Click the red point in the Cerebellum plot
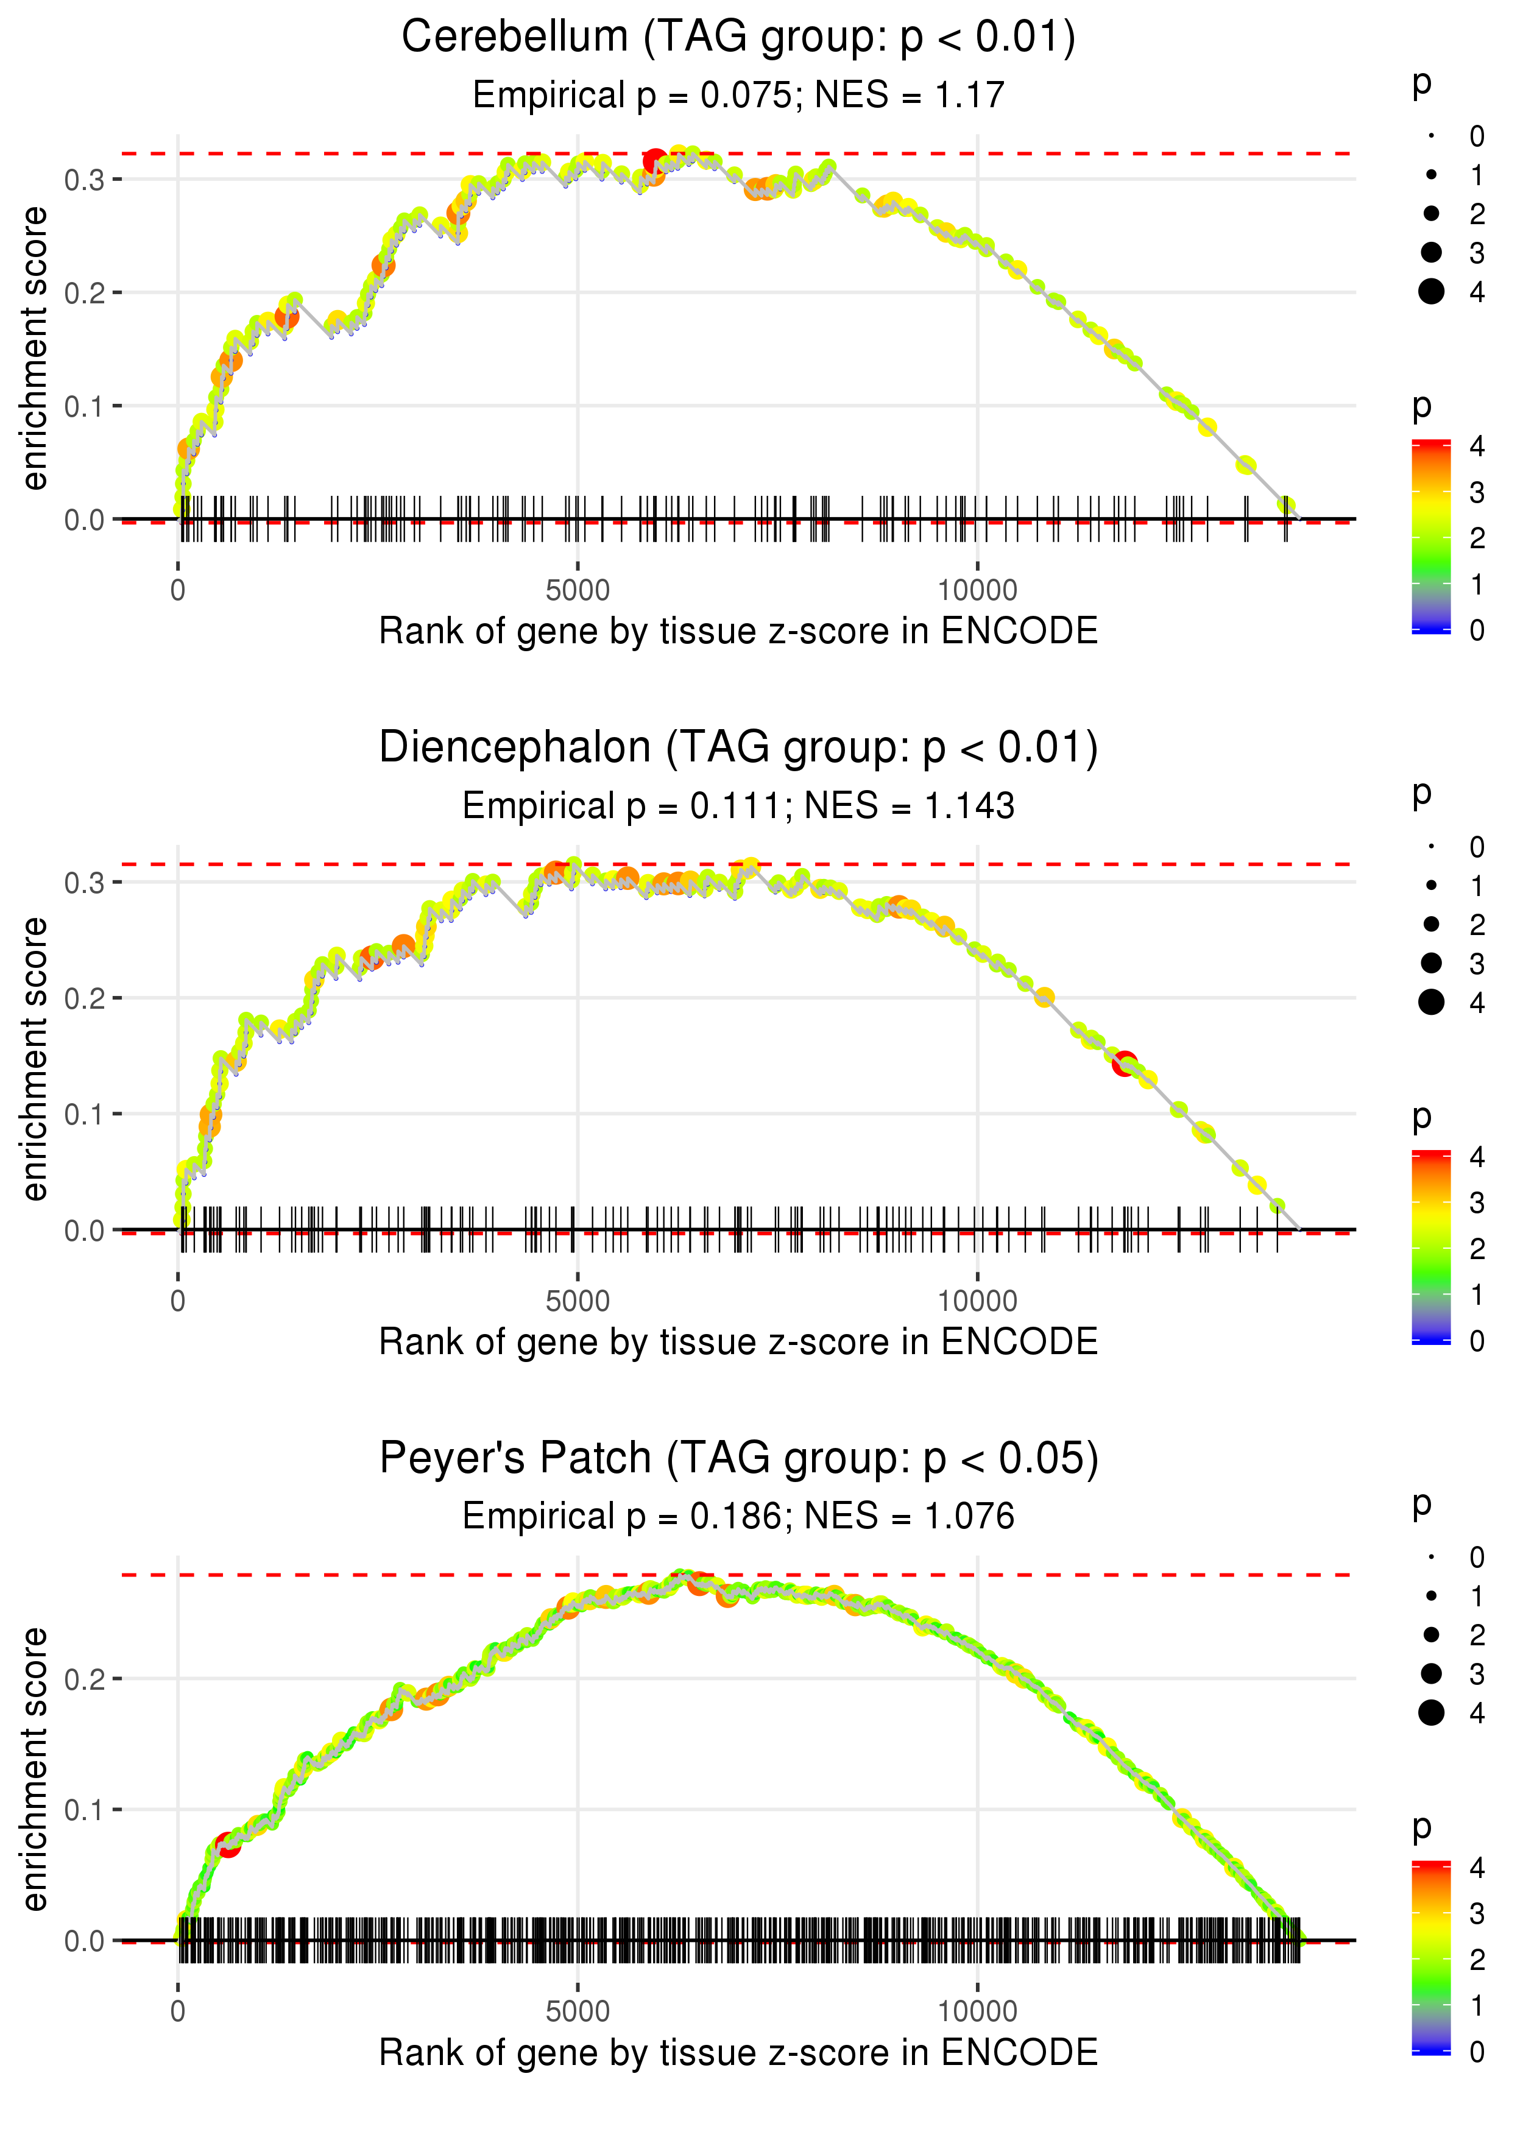coord(655,161)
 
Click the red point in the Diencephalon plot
coord(1125,1063)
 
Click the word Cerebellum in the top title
coord(514,38)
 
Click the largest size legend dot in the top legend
coord(1431,292)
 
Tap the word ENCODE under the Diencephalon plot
coord(1019,1342)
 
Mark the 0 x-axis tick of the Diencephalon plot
coord(178,1301)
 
